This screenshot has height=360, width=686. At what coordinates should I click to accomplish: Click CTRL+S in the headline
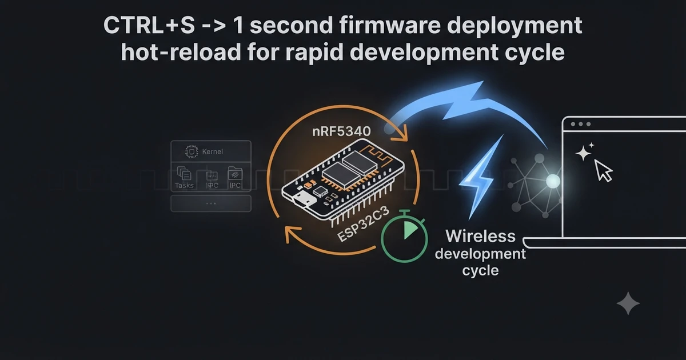click(149, 25)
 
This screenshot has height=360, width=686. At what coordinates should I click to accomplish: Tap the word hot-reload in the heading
click(181, 53)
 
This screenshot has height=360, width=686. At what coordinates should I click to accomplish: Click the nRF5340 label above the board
click(342, 131)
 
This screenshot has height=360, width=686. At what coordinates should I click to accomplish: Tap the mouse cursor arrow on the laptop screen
click(603, 170)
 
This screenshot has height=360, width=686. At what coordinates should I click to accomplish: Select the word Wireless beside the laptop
click(481, 237)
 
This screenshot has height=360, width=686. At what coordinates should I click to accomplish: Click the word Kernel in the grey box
click(213, 151)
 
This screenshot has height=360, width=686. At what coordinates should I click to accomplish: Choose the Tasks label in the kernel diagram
click(184, 185)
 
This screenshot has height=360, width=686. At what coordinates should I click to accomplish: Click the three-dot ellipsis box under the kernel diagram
click(211, 203)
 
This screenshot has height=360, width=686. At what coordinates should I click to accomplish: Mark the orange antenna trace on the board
click(376, 155)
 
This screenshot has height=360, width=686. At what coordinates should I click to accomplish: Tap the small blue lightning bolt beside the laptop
click(480, 177)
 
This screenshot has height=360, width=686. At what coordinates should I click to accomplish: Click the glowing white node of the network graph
click(553, 181)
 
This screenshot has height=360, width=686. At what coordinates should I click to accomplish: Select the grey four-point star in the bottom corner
click(628, 303)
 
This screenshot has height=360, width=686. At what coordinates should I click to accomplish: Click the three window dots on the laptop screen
click(581, 124)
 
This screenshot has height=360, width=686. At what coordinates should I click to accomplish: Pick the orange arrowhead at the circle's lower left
click(291, 234)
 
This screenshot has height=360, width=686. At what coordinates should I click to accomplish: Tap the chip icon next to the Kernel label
click(192, 151)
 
